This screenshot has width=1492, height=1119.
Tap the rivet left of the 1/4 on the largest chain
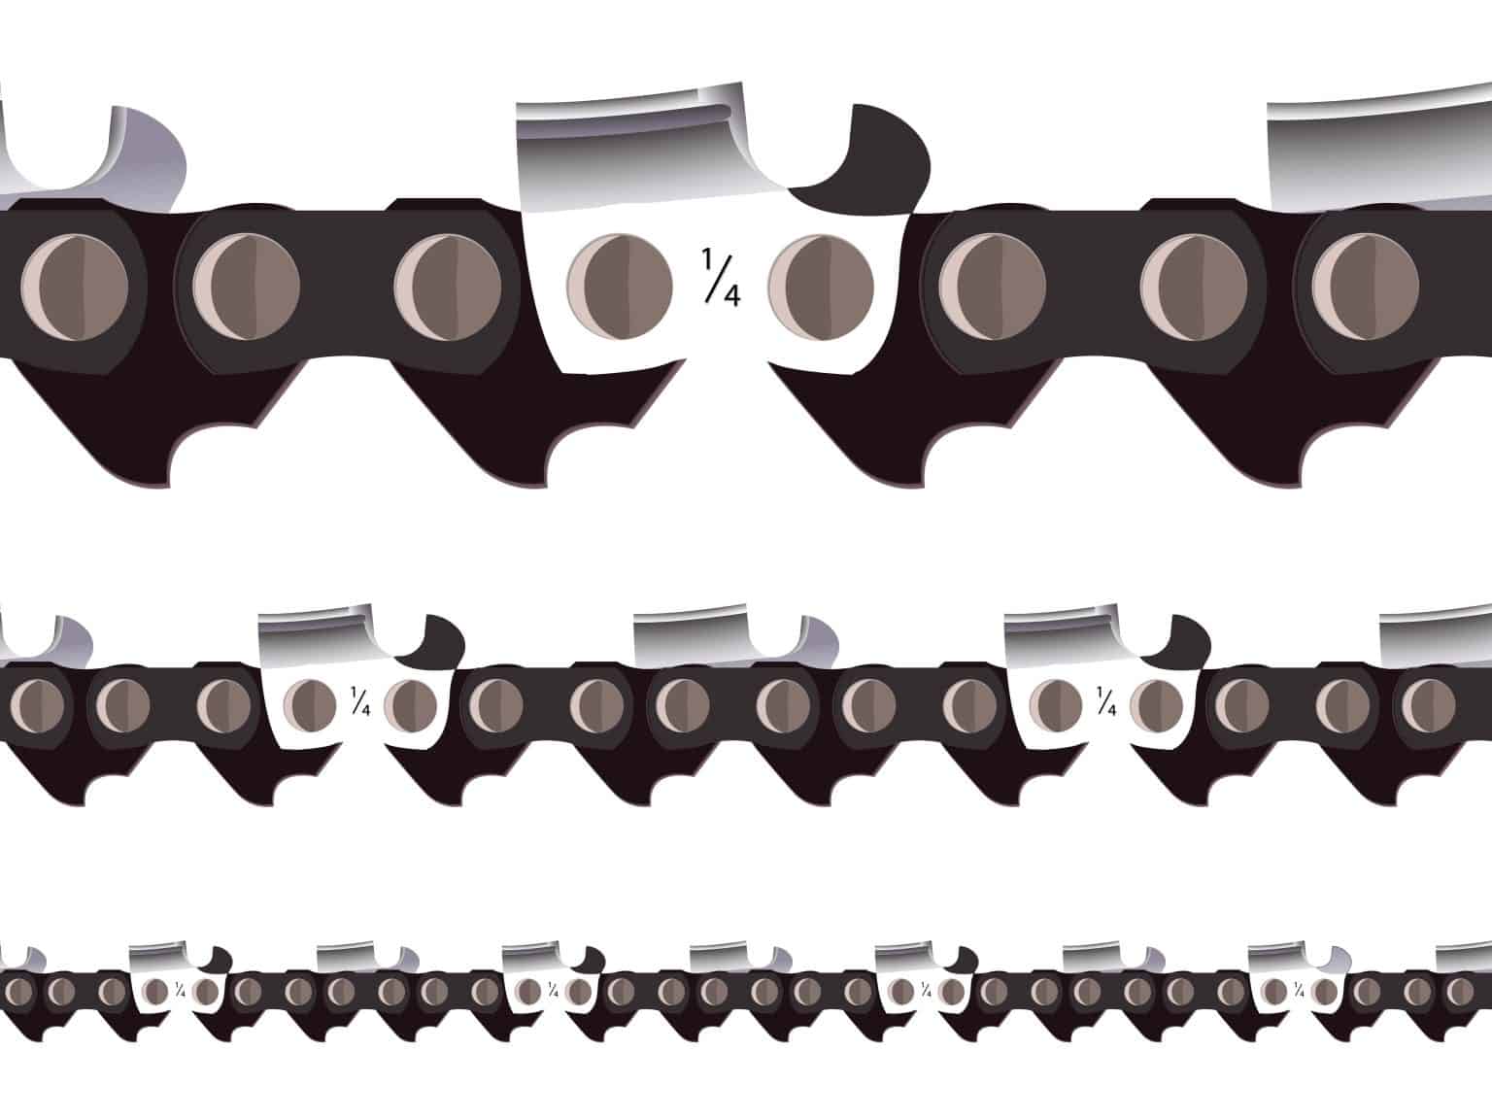[x=619, y=284]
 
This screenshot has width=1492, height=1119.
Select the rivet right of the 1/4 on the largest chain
[x=821, y=284]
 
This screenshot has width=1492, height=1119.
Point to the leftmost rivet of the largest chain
[x=74, y=288]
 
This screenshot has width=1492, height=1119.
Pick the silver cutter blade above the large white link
[x=631, y=146]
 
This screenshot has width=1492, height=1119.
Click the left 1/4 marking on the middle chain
[x=359, y=700]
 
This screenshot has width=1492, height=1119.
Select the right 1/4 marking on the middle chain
[x=1105, y=700]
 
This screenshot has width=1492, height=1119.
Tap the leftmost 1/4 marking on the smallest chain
[x=181, y=990]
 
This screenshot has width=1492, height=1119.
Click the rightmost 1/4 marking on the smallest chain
[x=1300, y=990]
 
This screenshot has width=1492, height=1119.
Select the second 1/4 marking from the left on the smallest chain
[x=554, y=990]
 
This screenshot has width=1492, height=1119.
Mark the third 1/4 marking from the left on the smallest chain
[x=927, y=990]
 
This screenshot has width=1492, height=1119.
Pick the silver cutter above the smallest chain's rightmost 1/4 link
[x=1276, y=957]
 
